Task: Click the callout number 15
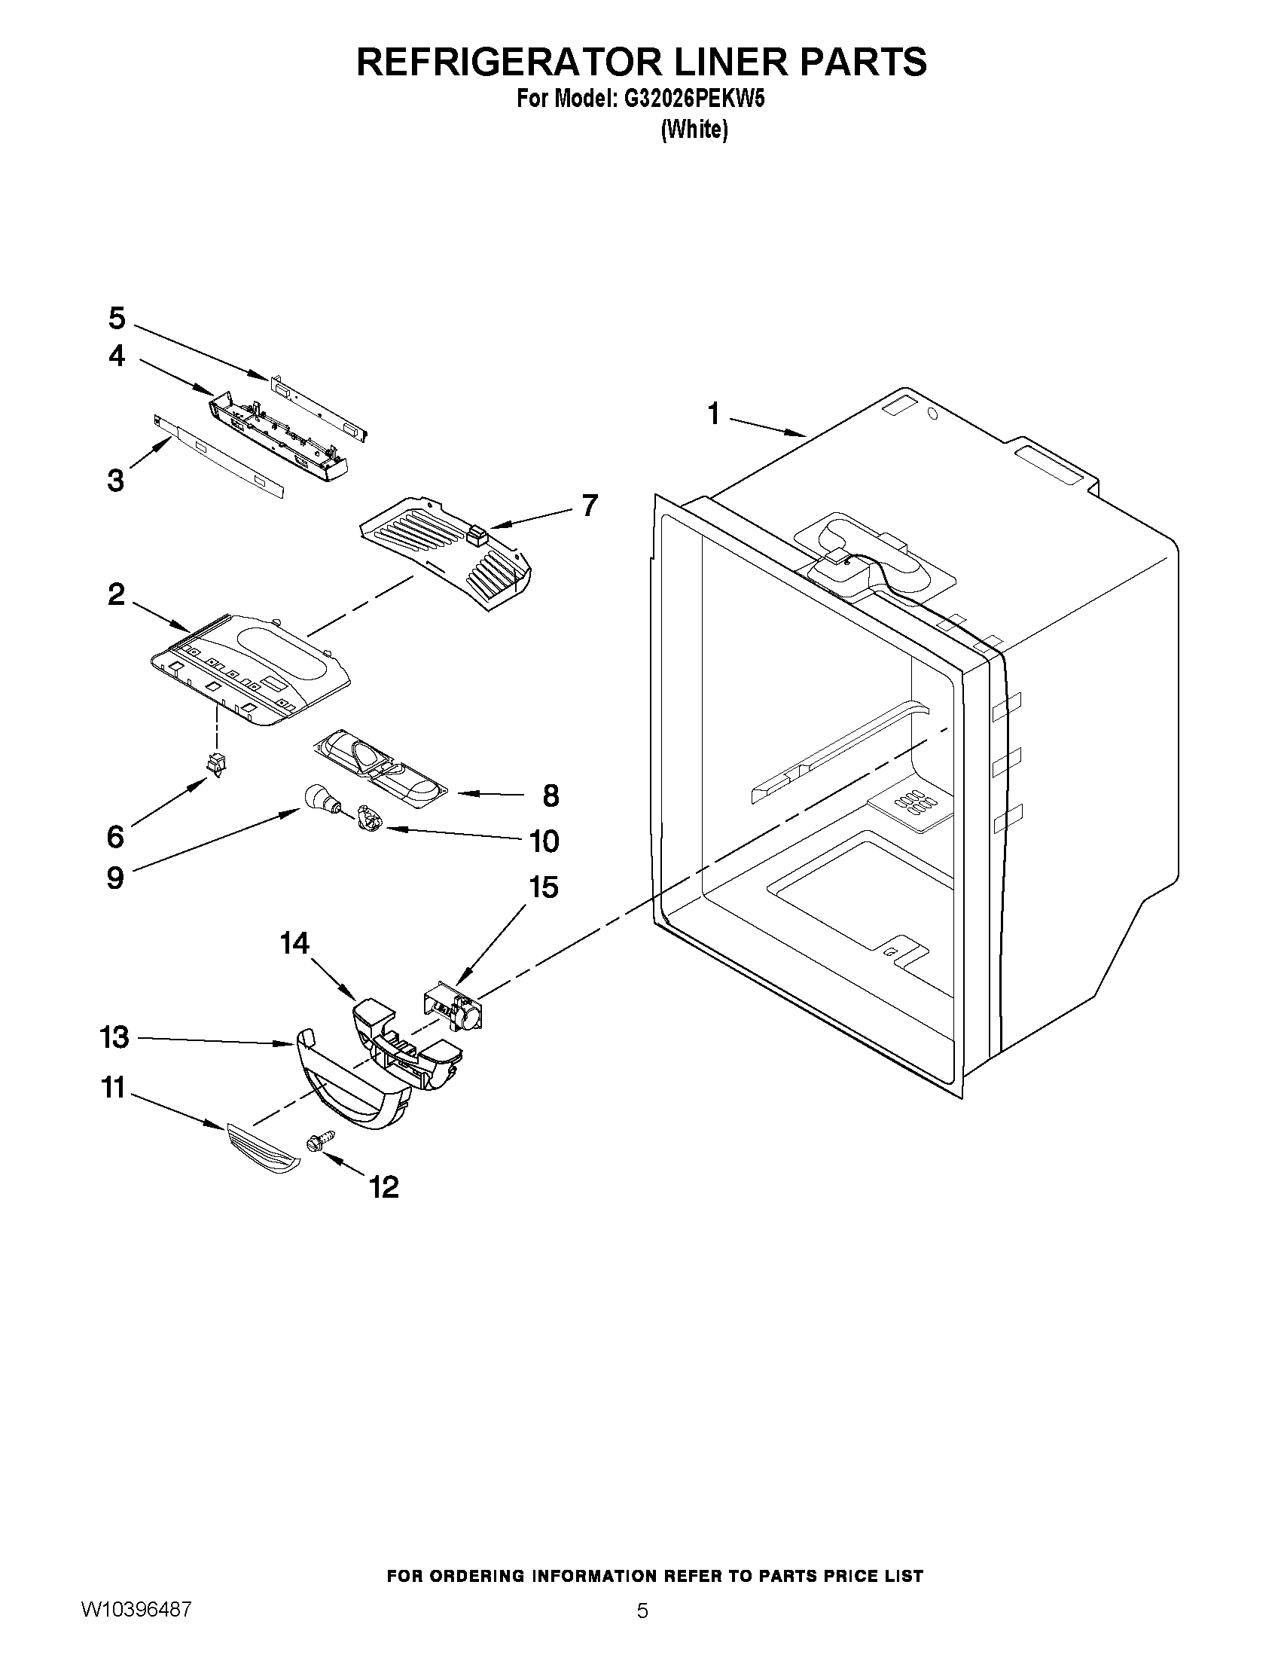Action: click(x=544, y=887)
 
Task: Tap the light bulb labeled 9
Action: click(x=317, y=798)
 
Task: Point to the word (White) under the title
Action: click(x=694, y=130)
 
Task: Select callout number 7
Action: click(x=589, y=505)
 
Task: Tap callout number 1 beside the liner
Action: click(x=712, y=415)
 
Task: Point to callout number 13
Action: click(x=114, y=1037)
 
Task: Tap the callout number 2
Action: click(x=115, y=594)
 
